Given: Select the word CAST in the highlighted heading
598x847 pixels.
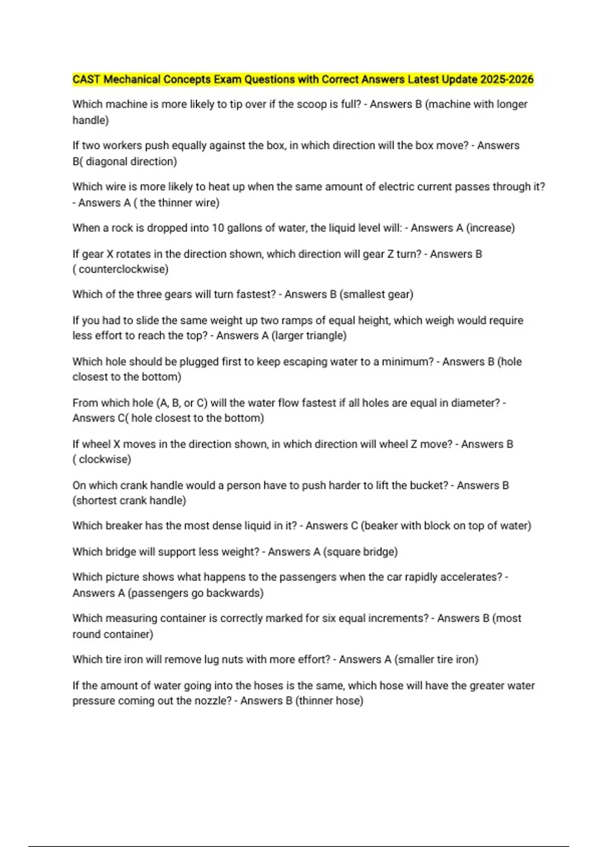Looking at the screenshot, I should pos(86,79).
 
